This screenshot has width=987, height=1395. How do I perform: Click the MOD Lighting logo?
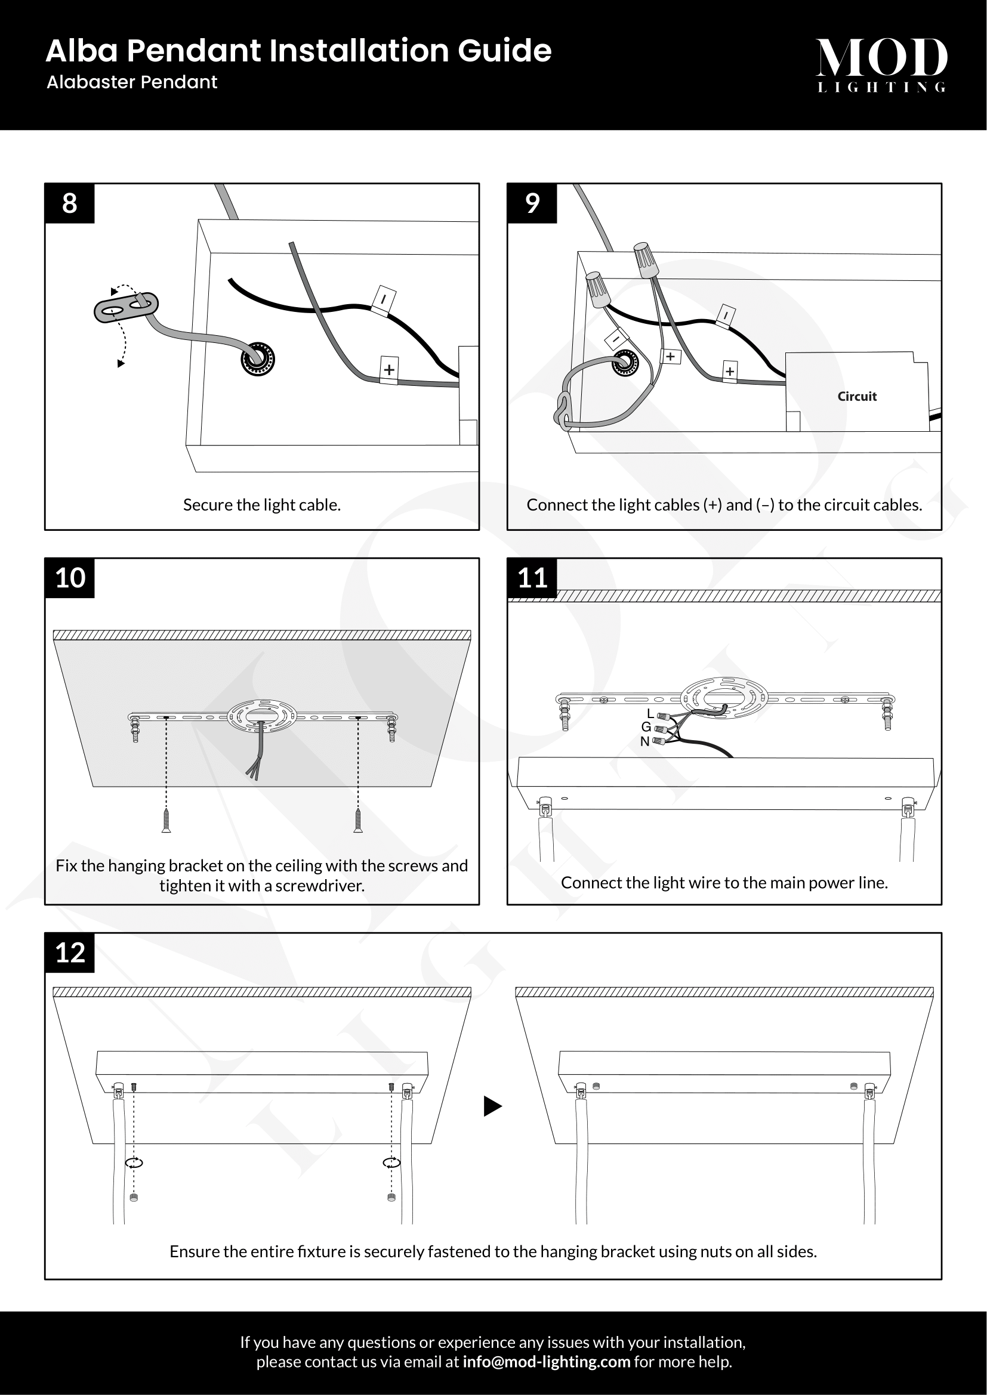point(881,64)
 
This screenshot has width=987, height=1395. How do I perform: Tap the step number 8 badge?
point(69,203)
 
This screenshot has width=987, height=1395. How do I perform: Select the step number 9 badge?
point(532,203)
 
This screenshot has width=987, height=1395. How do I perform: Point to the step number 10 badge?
point(70,578)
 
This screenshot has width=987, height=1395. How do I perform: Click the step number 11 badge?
point(532,578)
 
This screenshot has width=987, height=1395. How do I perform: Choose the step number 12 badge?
point(70,952)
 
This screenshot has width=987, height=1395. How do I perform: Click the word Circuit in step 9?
point(857,396)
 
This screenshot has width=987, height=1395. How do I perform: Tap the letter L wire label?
point(650,713)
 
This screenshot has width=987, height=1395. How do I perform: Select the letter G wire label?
point(646,726)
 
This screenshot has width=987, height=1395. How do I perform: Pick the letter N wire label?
point(645,741)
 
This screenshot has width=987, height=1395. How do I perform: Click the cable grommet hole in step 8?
point(258,359)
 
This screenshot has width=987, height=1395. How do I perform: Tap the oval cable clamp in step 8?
point(126,307)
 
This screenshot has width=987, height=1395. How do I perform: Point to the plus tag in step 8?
point(389,369)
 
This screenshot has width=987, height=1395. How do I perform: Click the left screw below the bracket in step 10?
point(166,820)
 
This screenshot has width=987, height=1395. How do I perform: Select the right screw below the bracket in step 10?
point(358,820)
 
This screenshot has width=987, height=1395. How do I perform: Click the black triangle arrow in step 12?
point(492,1106)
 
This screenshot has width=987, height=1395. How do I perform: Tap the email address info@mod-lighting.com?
point(546,1362)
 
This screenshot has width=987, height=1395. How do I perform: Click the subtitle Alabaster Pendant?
point(132,82)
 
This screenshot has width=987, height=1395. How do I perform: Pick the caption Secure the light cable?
point(262,505)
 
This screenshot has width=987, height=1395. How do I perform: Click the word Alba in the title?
point(81,51)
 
